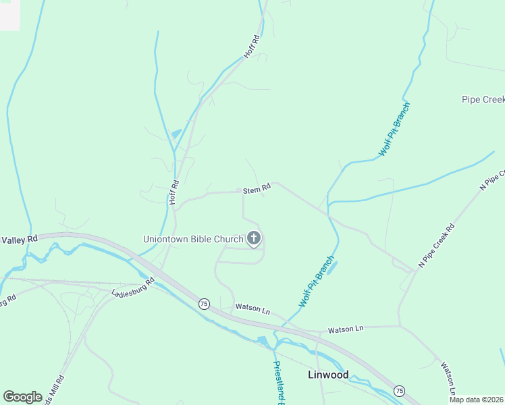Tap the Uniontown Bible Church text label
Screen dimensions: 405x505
(192, 239)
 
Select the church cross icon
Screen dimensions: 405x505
(254, 238)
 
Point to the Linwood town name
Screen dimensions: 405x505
(328, 375)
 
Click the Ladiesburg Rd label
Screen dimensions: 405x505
(133, 287)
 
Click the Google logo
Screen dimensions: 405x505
(22, 396)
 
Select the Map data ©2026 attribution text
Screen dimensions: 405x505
(477, 400)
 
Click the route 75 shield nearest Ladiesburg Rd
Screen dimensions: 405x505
(204, 304)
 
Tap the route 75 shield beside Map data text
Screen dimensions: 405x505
(399, 391)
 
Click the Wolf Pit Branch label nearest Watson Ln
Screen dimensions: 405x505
(317, 282)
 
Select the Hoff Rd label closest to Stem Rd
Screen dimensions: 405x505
(174, 192)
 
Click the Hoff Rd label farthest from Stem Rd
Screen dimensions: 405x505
(251, 46)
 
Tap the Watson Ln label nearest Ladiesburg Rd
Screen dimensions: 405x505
(252, 309)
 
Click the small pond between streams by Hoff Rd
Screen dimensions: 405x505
(176, 134)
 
